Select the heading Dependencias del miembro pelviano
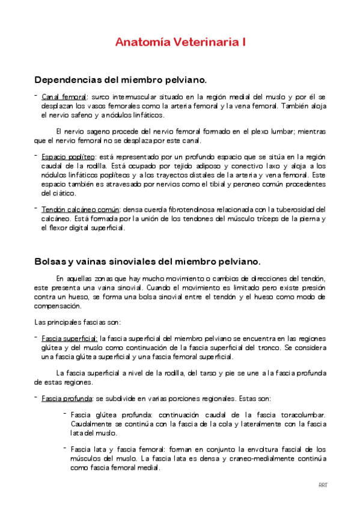121,79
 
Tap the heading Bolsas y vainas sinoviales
148,262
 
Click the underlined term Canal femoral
64,97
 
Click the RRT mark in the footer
323,485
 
